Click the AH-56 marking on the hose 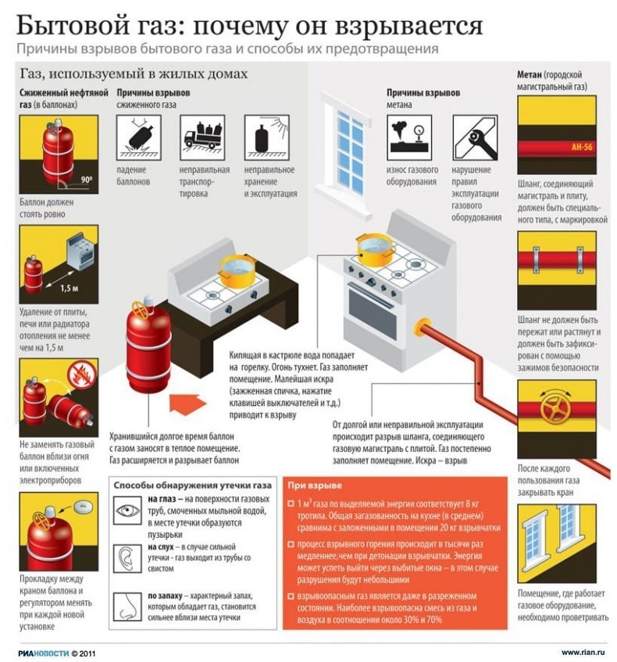581,147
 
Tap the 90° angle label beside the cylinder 85,180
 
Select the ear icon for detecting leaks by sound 127,557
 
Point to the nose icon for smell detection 127,603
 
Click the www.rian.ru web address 584,651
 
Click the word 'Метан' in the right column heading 532,74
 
